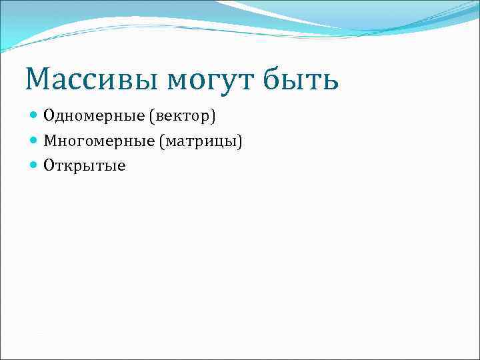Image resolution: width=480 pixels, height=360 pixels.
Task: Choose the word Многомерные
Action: [x=97, y=141]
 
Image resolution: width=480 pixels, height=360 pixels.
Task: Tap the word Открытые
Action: [x=84, y=165]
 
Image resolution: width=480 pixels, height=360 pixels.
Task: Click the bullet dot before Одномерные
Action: [x=35, y=117]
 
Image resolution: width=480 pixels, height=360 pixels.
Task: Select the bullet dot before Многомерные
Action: [x=35, y=141]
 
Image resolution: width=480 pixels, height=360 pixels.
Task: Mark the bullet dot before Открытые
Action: [x=35, y=165]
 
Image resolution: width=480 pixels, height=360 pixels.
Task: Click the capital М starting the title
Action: [x=39, y=80]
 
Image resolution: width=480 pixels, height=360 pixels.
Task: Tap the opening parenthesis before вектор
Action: [x=152, y=117]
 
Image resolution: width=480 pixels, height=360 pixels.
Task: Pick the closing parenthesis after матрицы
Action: [x=240, y=141]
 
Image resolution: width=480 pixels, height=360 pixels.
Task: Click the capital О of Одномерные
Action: [x=49, y=117]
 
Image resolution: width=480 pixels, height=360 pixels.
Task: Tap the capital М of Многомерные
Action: [x=50, y=141]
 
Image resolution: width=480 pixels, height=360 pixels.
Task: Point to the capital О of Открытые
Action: [x=49, y=165]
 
